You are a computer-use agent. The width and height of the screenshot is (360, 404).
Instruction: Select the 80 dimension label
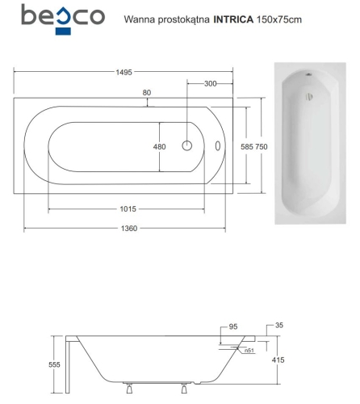[146, 93]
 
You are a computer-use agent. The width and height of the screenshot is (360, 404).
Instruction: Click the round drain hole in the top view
[186, 146]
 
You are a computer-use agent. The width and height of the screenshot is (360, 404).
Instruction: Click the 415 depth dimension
[276, 360]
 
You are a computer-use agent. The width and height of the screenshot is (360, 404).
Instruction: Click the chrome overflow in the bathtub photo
[308, 99]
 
